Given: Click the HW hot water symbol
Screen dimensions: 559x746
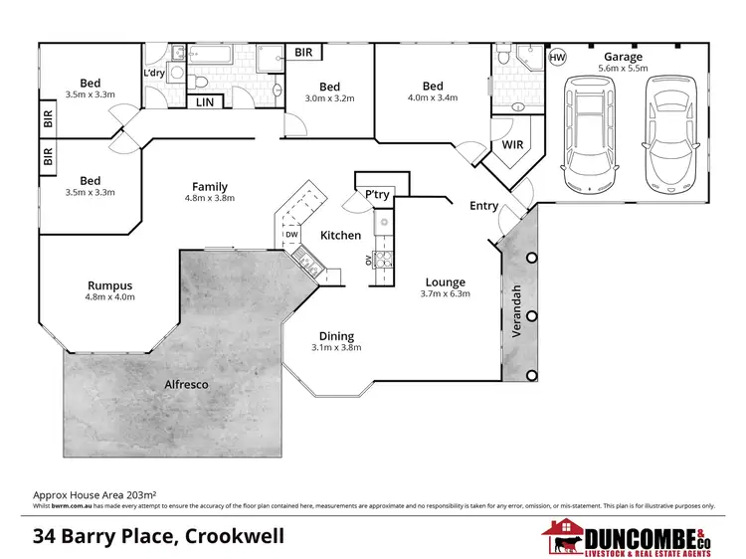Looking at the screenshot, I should click(557, 58).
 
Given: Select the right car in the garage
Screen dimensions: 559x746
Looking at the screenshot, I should click(665, 135).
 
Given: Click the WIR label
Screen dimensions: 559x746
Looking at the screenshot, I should click(512, 144).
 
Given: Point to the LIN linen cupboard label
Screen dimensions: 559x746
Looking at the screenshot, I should click(205, 101).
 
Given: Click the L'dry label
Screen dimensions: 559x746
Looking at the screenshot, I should click(154, 75).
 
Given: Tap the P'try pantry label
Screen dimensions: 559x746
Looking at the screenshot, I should click(376, 194).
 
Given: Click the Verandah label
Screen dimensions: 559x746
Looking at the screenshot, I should click(516, 312).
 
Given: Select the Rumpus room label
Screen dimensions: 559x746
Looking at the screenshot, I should click(108, 285).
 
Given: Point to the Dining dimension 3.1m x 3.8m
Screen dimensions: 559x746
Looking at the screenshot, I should click(336, 347).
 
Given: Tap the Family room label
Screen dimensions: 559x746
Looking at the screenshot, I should click(209, 186).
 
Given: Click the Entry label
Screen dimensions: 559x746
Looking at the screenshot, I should click(484, 206).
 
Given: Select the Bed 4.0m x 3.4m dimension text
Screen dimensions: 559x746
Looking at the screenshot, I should click(432, 98).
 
